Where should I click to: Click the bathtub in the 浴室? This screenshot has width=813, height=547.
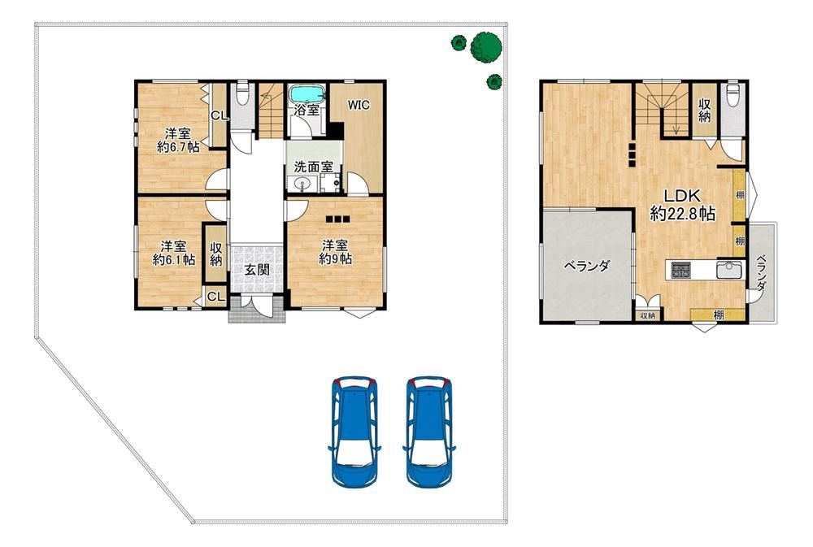pyautogui.click(x=307, y=94)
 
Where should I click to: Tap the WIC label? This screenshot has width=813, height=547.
pyautogui.click(x=359, y=105)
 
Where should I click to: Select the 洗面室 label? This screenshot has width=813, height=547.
pyautogui.click(x=313, y=167)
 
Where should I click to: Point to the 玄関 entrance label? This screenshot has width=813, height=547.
pyautogui.click(x=257, y=270)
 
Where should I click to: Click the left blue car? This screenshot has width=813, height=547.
pyautogui.click(x=354, y=432)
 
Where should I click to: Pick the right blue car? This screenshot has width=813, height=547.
pyautogui.click(x=429, y=432)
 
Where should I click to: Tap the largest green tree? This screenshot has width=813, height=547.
pyautogui.click(x=486, y=46)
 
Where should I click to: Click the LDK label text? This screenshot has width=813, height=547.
pyautogui.click(x=683, y=196)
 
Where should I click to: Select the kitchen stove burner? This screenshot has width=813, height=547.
pyautogui.click(x=680, y=270)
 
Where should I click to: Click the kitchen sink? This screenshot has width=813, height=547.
pyautogui.click(x=728, y=270)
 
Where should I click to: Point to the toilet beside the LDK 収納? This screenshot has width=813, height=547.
pyautogui.click(x=733, y=95)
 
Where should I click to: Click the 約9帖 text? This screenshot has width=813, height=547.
pyautogui.click(x=336, y=258)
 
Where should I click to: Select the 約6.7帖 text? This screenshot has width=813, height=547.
pyautogui.click(x=178, y=147)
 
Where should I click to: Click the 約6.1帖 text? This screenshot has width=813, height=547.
pyautogui.click(x=174, y=259)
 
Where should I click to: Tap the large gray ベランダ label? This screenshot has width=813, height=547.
pyautogui.click(x=586, y=266)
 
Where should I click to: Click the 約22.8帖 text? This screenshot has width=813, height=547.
pyautogui.click(x=683, y=213)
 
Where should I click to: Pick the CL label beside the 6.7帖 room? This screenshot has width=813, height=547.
pyautogui.click(x=220, y=116)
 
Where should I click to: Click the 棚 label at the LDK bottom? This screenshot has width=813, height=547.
pyautogui.click(x=719, y=315)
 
